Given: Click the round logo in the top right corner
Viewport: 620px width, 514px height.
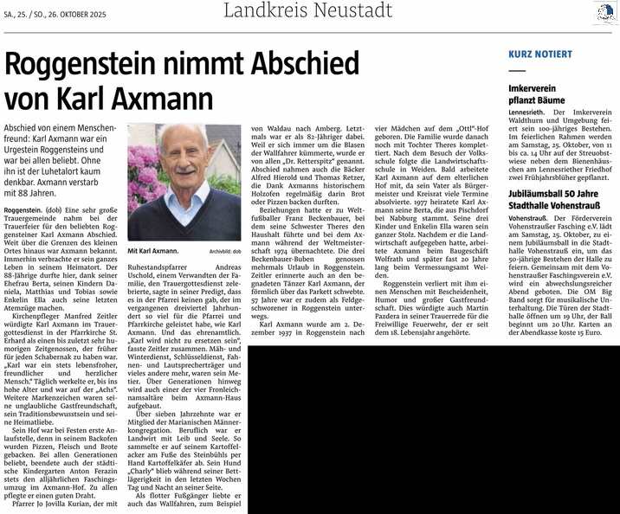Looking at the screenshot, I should point(605,12).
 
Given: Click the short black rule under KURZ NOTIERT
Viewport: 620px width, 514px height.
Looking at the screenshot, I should point(517,70).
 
